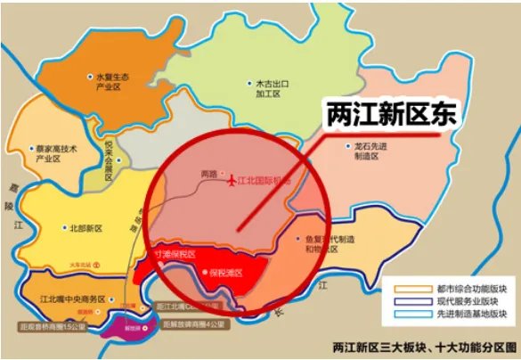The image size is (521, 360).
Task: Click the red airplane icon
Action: pos(233,181)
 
